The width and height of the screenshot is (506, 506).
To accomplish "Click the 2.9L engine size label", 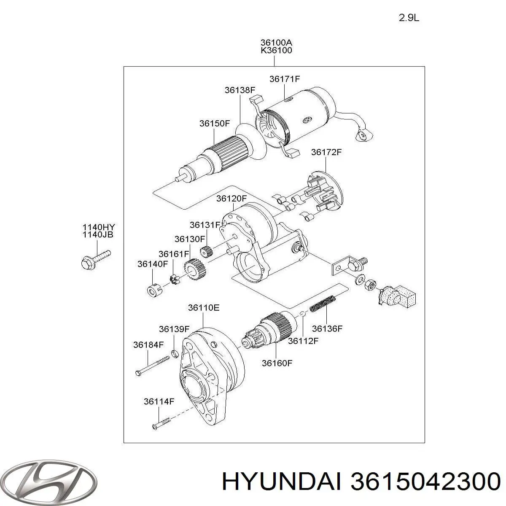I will [409, 18].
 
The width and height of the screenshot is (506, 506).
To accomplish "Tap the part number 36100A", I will [276, 43].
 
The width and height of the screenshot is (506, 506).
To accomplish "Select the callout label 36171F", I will [285, 79].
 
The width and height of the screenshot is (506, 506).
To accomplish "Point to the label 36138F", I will [240, 90].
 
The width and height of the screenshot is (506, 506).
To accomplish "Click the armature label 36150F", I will [215, 124].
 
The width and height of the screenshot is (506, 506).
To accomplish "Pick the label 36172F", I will [326, 152].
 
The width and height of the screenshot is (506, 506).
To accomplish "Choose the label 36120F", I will [231, 198].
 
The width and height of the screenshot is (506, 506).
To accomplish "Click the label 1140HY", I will [97, 227].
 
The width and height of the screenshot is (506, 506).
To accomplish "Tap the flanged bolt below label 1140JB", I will [95, 258].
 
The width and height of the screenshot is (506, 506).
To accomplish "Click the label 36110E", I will [204, 308].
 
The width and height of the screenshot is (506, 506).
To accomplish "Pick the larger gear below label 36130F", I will [195, 269].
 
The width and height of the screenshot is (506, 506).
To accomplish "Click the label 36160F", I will [277, 363].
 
